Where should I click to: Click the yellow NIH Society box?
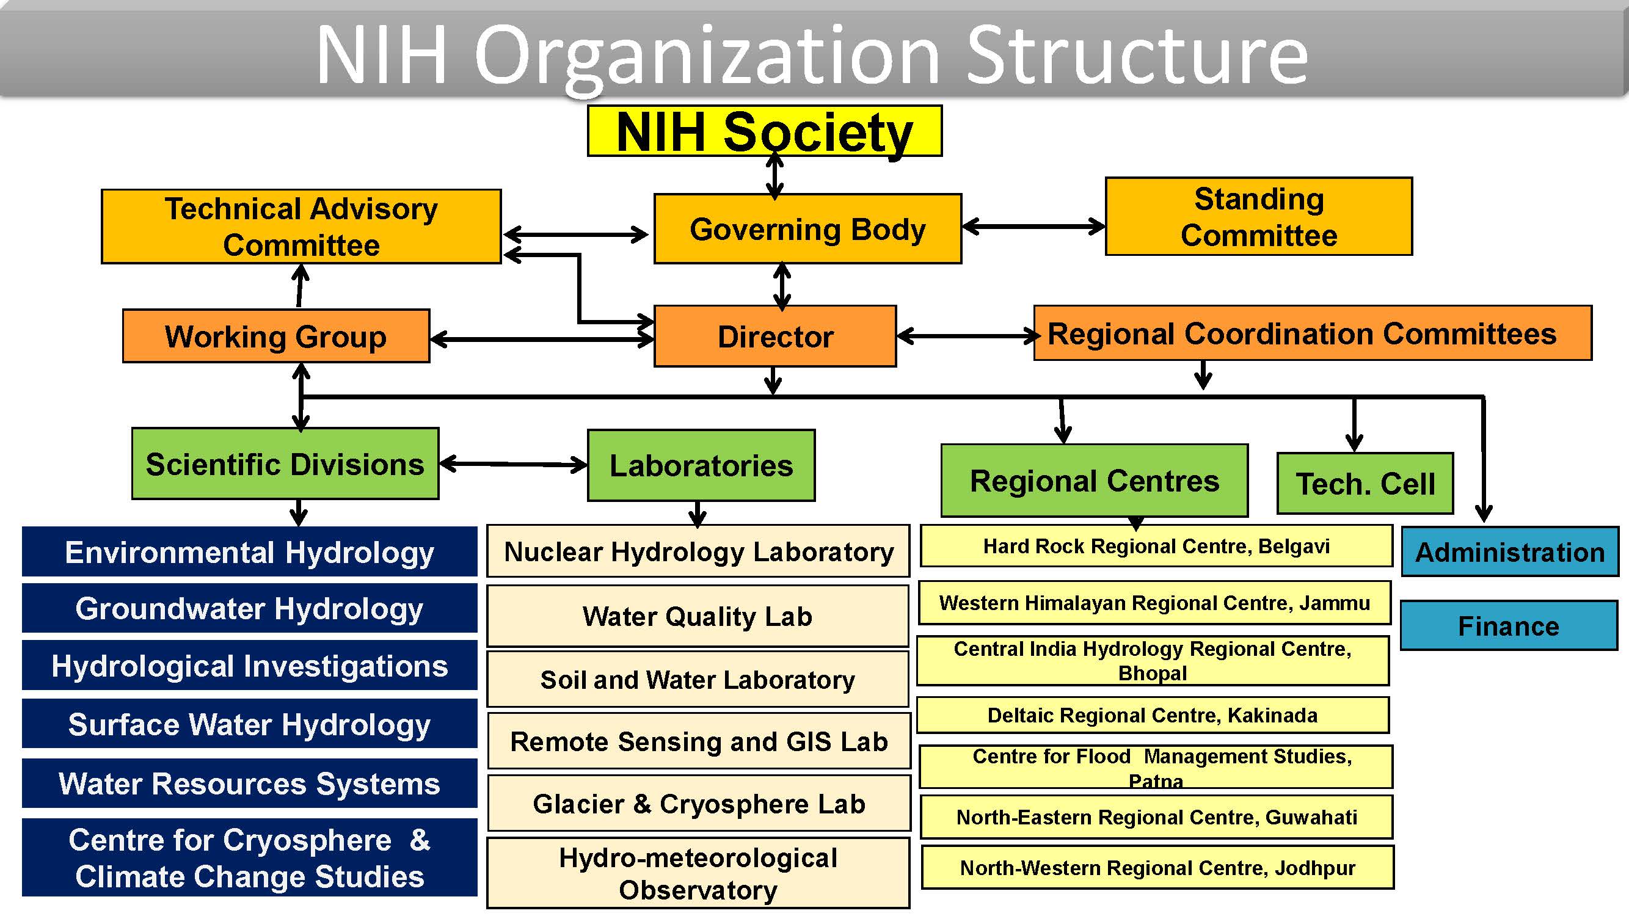[764, 131]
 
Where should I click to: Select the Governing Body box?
[807, 229]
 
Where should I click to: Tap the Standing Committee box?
[1258, 217]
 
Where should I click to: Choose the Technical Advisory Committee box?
[301, 227]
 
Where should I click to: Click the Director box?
[774, 336]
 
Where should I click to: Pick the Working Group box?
[275, 336]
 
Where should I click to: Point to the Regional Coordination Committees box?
[1312, 333]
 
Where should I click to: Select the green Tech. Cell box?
[1365, 484]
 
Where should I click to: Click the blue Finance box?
[1508, 626]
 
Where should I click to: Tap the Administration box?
[1509, 552]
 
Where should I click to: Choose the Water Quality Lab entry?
[698, 616]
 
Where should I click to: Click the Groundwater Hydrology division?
[249, 608]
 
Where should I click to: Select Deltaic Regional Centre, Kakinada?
[1152, 715]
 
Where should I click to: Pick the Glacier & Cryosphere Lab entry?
[699, 804]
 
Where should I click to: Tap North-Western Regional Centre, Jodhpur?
[1157, 868]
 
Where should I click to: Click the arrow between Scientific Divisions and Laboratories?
[513, 465]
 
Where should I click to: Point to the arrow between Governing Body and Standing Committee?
[1033, 227]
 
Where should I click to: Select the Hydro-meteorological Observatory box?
[698, 873]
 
